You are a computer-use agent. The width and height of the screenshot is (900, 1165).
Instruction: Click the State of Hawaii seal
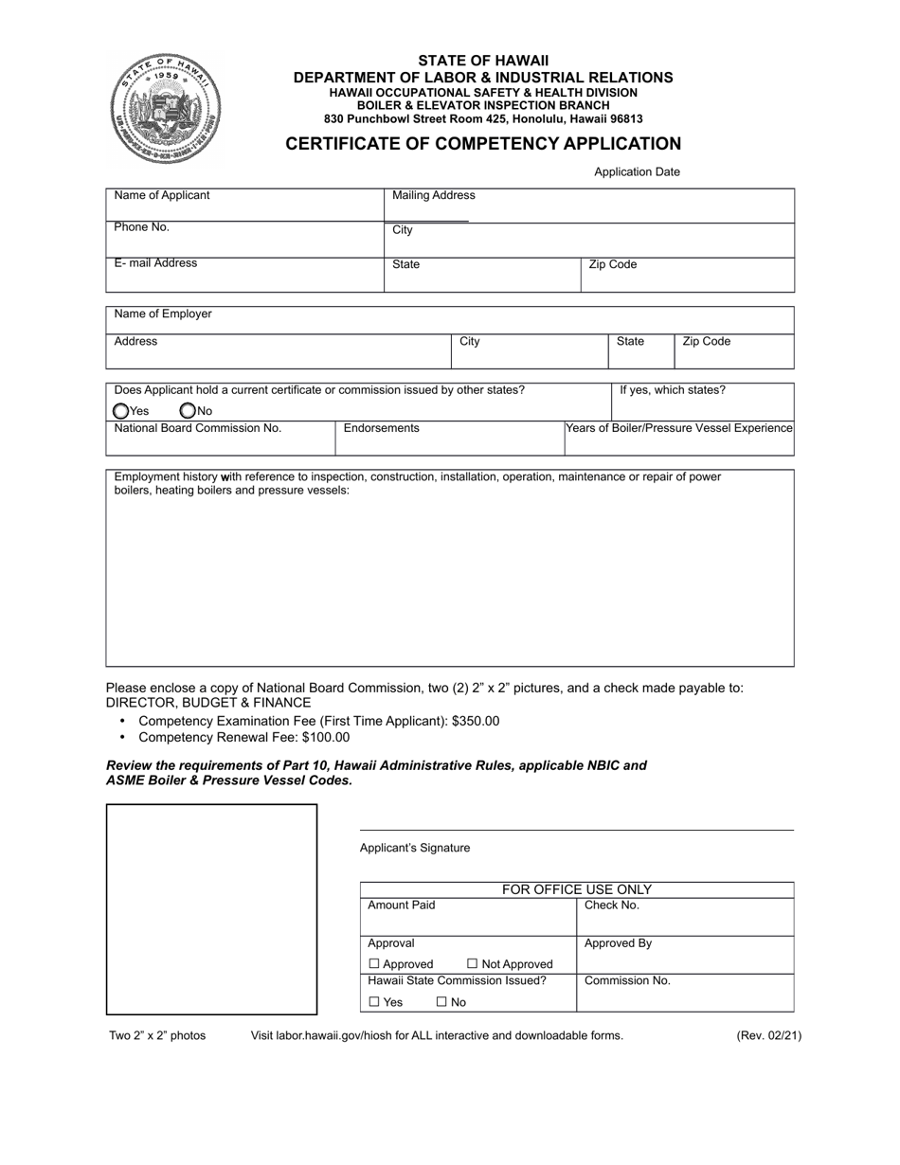pyautogui.click(x=167, y=109)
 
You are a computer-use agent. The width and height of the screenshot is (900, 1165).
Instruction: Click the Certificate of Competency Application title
pyautogui.click(x=483, y=144)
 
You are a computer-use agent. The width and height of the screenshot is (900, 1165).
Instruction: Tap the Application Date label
pyautogui.click(x=637, y=172)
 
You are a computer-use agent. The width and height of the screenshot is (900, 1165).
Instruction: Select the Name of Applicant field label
pyautogui.click(x=162, y=195)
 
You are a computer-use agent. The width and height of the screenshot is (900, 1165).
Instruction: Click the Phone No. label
pyautogui.click(x=142, y=227)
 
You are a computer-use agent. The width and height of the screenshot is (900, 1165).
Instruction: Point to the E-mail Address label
pyautogui.click(x=155, y=263)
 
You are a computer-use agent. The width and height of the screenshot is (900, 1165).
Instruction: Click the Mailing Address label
pyautogui.click(x=434, y=195)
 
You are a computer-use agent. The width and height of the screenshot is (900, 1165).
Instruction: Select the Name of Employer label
pyautogui.click(x=163, y=314)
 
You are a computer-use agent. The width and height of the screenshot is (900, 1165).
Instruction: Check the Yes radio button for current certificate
pyautogui.click(x=120, y=411)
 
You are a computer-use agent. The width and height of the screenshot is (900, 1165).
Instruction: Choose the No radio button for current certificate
pyautogui.click(x=188, y=411)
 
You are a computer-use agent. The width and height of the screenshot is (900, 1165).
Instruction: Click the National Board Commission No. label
pyautogui.click(x=198, y=428)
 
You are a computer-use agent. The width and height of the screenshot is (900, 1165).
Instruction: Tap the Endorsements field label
pyautogui.click(x=381, y=428)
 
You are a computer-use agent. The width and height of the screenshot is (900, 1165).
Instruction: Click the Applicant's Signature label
pyautogui.click(x=415, y=848)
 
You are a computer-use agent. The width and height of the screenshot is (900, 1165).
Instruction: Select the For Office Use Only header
pyautogui.click(x=576, y=889)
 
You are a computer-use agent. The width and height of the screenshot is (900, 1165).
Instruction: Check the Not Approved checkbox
pyautogui.click(x=473, y=964)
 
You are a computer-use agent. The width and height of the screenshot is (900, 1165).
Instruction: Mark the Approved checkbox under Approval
pyautogui.click(x=373, y=964)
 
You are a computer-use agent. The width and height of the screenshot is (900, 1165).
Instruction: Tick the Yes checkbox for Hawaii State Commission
pyautogui.click(x=374, y=1002)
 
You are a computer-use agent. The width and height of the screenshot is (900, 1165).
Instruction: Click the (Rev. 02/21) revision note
pyautogui.click(x=768, y=1035)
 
